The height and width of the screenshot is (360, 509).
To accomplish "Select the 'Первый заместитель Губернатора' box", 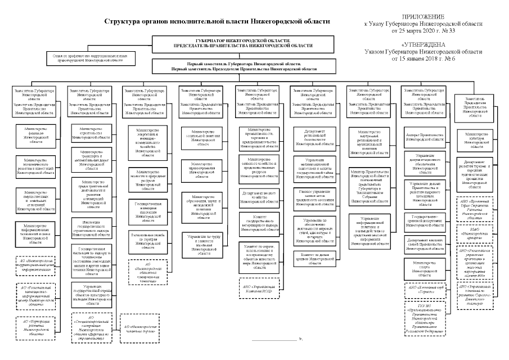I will [244, 66].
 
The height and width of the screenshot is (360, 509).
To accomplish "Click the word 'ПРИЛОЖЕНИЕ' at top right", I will [431, 17].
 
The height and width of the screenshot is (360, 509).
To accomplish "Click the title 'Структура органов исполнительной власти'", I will [217, 21].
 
